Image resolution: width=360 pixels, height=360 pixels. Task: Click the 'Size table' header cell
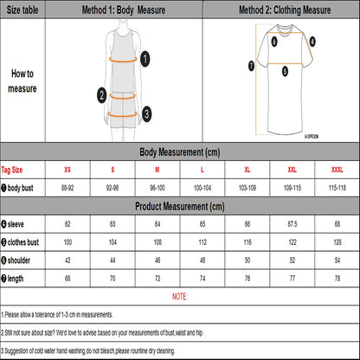click(22, 10)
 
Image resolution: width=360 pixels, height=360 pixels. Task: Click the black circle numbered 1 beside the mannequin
click(146, 58)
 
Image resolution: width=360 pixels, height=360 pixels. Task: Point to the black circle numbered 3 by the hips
click(146, 112)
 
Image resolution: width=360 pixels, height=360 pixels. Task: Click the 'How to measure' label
click(22, 81)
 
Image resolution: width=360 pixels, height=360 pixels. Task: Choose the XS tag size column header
click(66, 170)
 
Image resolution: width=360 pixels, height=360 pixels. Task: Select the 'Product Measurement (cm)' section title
click(179, 208)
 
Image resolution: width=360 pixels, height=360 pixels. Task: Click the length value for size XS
click(66, 279)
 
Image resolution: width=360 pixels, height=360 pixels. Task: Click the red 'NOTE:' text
click(179, 297)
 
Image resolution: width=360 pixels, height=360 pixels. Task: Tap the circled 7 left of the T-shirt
click(250, 65)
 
